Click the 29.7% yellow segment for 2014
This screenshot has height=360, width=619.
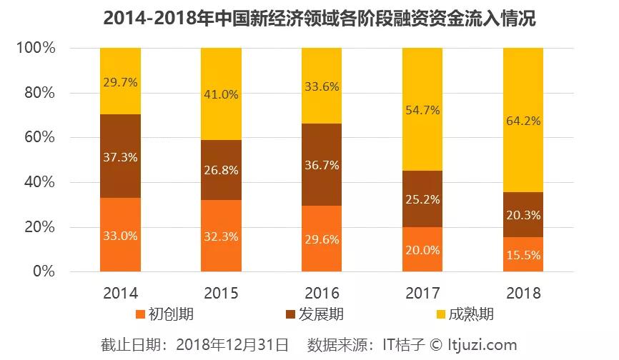[x=120, y=81]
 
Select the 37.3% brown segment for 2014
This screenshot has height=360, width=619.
[x=120, y=156]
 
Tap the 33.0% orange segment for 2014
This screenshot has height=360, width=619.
[x=120, y=234]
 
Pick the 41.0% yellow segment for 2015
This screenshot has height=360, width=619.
[x=221, y=94]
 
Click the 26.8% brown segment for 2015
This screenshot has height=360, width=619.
[x=221, y=170]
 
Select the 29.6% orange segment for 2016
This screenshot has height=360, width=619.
[x=322, y=239]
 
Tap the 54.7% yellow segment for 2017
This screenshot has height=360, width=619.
[x=422, y=109]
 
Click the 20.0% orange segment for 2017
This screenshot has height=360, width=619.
[x=422, y=249]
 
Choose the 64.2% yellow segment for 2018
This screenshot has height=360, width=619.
[x=523, y=120]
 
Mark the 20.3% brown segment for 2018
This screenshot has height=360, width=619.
[x=523, y=214]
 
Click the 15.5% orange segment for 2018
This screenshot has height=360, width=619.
[x=523, y=254]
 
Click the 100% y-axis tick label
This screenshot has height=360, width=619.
[x=34, y=49]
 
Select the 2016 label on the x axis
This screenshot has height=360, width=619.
[x=322, y=293]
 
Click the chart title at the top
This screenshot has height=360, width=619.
[x=309, y=18]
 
